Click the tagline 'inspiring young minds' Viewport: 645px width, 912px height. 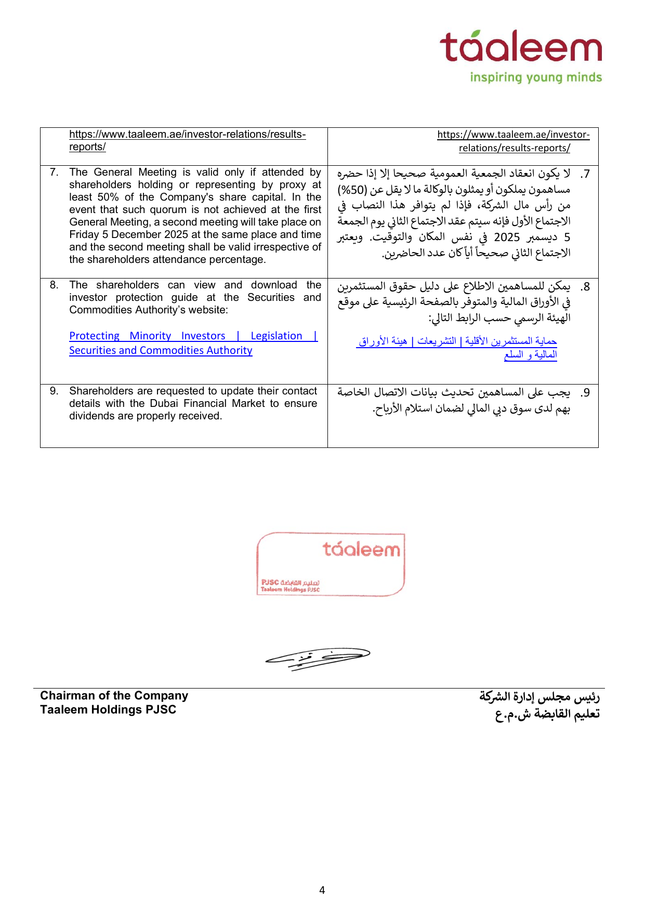[536, 77]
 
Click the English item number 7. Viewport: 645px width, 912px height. [54, 173]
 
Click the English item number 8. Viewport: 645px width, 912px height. [54, 285]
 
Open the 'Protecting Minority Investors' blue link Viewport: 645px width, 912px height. [147, 336]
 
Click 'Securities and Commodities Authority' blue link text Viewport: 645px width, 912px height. [161, 351]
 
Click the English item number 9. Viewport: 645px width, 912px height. [54, 391]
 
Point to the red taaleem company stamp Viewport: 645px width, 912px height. [331, 564]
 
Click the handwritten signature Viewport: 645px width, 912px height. [317, 658]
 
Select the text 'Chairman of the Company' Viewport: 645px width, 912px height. [114, 696]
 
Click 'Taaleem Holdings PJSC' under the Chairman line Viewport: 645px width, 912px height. [108, 710]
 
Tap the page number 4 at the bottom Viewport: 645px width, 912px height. [322, 890]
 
